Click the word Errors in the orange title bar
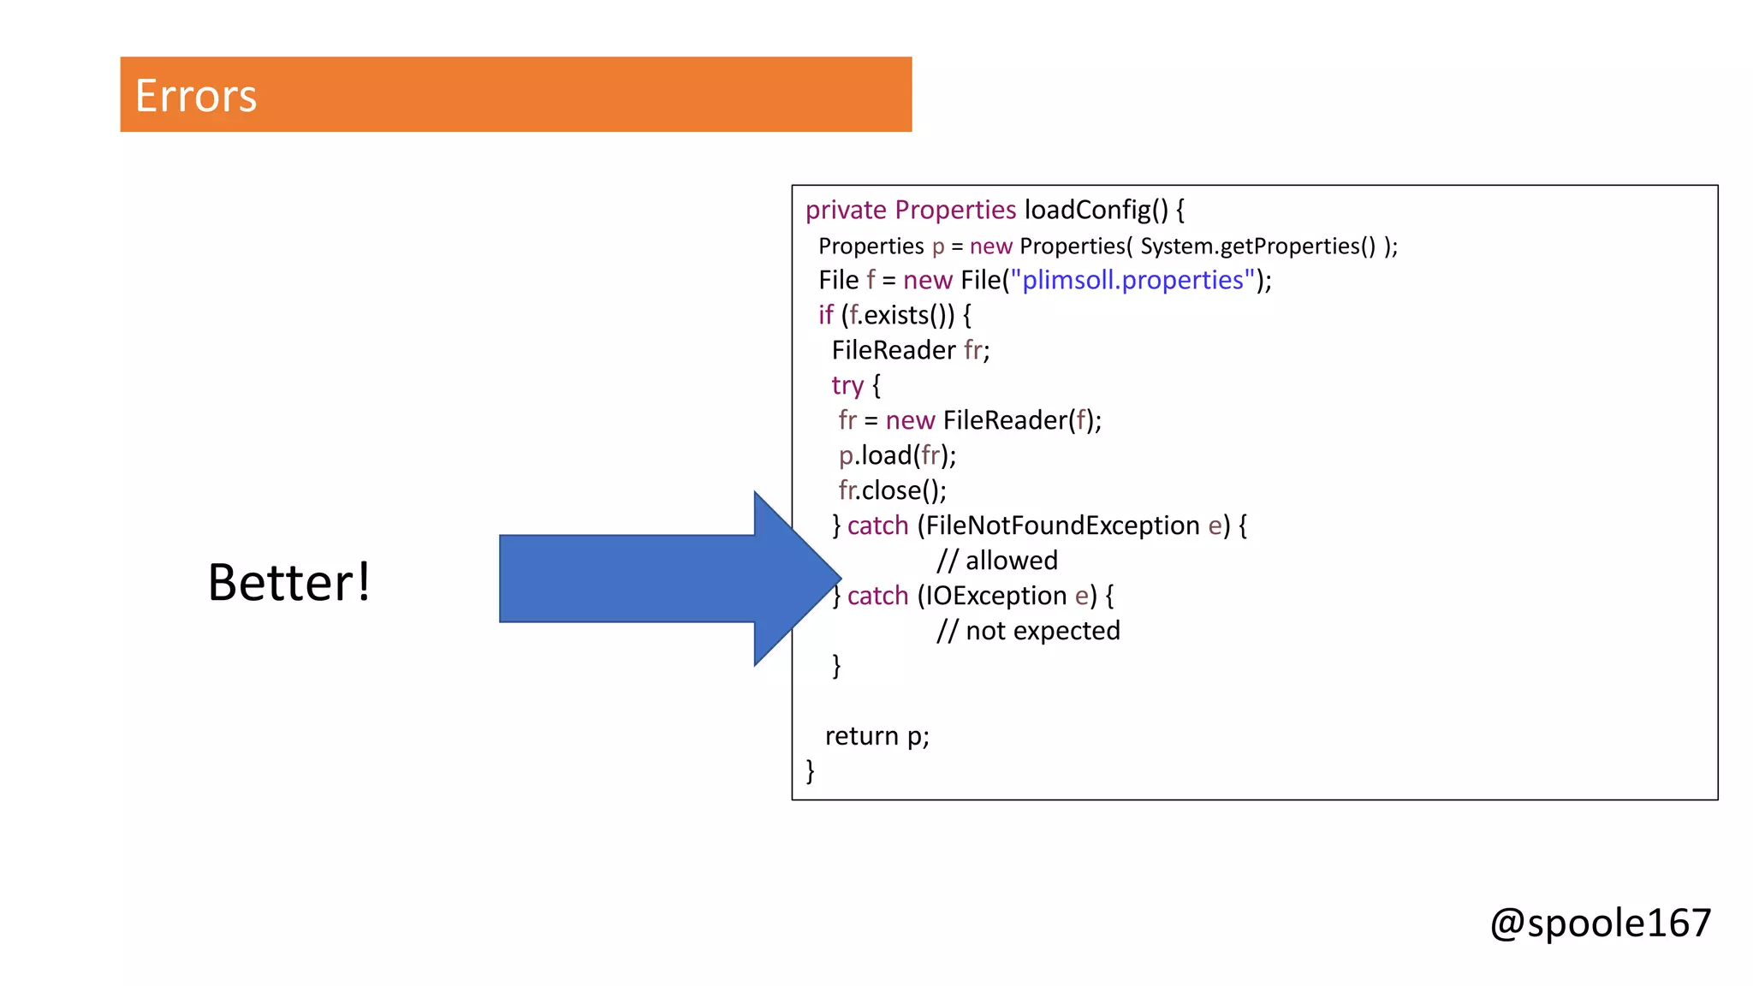(x=196, y=95)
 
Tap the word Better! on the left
(x=289, y=582)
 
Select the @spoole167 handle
(x=1600, y=923)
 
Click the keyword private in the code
(x=846, y=210)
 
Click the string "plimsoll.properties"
(x=1132, y=280)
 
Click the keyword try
(x=847, y=385)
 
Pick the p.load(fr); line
(x=897, y=455)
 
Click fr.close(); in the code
(x=892, y=490)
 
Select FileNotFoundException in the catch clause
(x=1062, y=526)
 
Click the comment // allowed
(x=997, y=561)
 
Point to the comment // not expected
(x=1028, y=631)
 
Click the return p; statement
(x=876, y=736)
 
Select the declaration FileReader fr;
(x=910, y=350)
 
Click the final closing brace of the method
(x=810, y=770)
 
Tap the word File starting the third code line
(x=838, y=280)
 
